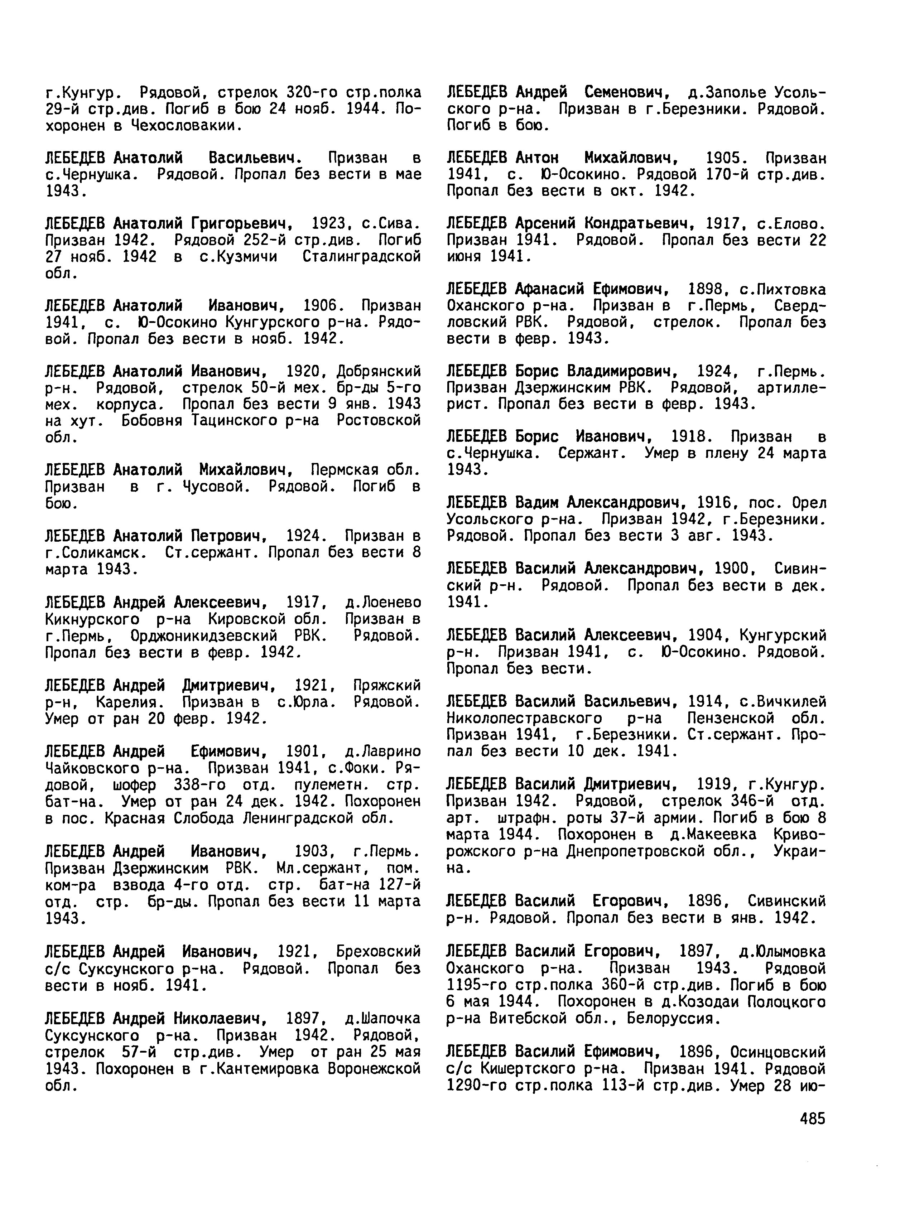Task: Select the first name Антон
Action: [x=537, y=158]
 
